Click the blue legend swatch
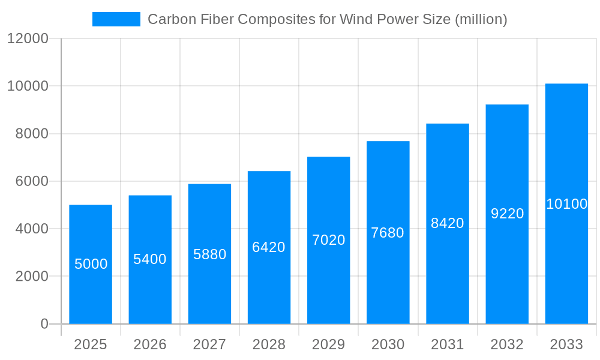coord(116,19)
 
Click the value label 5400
coord(150,259)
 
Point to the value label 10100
coord(566,204)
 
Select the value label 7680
coord(388,233)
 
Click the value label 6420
coord(269,247)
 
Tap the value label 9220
coord(507,214)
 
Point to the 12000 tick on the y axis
coord(28,38)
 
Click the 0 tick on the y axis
coord(44,324)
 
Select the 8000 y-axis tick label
coord(32,134)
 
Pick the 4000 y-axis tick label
coord(32,229)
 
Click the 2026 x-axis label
coord(150,344)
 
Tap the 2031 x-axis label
coord(448,344)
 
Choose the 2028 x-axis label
coord(269,344)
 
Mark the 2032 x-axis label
coord(507,344)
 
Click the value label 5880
coord(209,254)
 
